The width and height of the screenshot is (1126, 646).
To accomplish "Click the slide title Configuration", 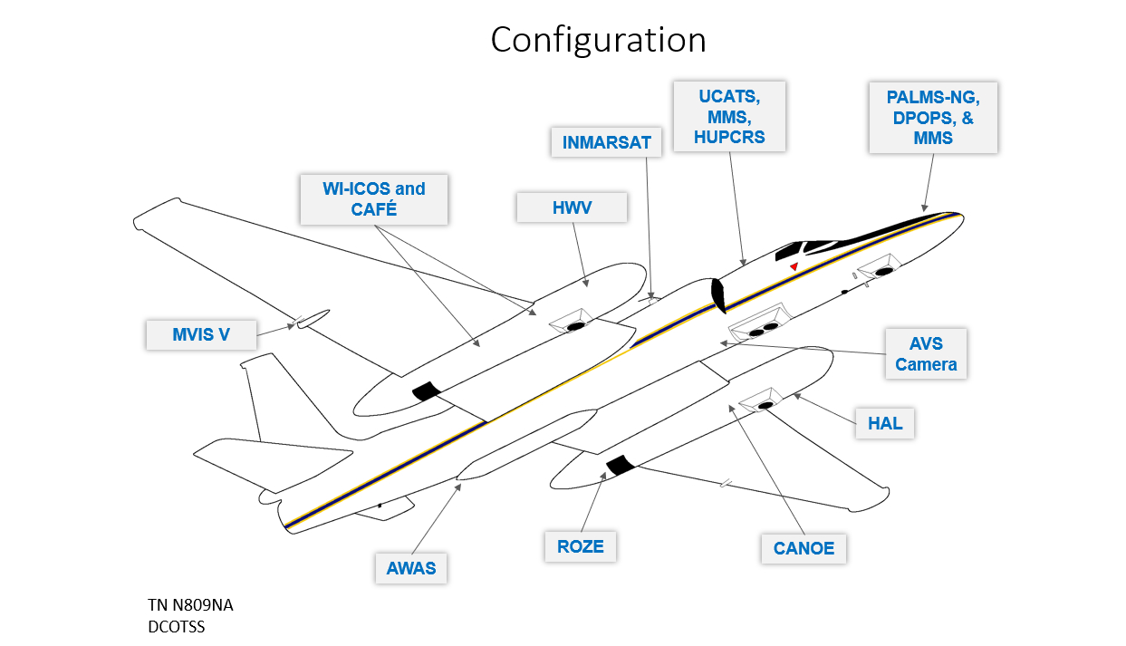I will (598, 40).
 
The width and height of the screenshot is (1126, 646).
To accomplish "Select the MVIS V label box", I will (201, 334).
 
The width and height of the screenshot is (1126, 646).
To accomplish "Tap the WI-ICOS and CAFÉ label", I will (374, 199).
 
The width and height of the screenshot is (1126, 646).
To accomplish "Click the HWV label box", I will (572, 207).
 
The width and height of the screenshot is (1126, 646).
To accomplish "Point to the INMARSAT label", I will (606, 143).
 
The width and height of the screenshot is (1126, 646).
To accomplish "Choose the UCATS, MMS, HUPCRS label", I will (729, 116).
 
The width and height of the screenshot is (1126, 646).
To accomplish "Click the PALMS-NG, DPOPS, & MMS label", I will (932, 118).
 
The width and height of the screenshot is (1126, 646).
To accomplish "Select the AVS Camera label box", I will (926, 354).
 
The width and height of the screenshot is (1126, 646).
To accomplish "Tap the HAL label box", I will (885, 423).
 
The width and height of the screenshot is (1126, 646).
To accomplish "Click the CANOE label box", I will (804, 548).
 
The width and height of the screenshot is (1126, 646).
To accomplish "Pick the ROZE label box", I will (580, 546).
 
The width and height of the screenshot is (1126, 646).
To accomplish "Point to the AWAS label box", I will (411, 568).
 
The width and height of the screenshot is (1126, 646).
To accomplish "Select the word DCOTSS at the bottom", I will (176, 626).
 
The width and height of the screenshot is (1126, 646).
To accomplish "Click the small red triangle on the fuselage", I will (794, 266).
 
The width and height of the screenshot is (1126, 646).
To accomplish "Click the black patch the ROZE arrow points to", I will (621, 466).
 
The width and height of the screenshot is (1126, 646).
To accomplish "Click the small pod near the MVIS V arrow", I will (313, 318).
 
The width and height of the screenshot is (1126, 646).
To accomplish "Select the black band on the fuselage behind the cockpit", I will (719, 295).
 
